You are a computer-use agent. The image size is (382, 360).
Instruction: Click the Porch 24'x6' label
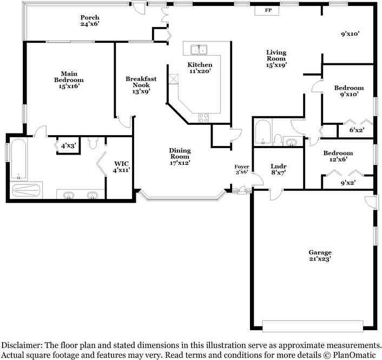(90, 21)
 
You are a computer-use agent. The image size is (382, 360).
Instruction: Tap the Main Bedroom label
(69, 80)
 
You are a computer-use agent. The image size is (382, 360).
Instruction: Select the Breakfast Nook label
(141, 85)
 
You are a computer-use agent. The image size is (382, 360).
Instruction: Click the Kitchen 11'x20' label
(200, 68)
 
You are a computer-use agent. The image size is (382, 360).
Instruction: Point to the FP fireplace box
(267, 10)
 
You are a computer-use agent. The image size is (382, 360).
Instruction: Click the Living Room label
(276, 58)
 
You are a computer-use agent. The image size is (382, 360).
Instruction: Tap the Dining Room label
(180, 157)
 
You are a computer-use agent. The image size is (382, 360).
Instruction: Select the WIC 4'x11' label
(121, 166)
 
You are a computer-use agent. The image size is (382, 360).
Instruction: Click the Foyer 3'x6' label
(242, 169)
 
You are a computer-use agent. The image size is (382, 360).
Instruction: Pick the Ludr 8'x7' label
(279, 169)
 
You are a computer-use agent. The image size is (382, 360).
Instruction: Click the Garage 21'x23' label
(320, 256)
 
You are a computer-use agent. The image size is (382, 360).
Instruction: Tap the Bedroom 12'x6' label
(338, 156)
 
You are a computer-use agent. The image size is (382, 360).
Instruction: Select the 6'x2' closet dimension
(357, 130)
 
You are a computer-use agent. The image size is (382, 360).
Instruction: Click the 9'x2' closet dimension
(348, 182)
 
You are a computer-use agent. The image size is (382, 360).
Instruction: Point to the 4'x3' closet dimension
(69, 146)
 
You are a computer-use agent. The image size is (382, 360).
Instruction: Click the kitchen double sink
(199, 49)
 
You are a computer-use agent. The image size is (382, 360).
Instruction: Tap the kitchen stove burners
(203, 118)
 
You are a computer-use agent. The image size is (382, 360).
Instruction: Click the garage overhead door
(313, 326)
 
